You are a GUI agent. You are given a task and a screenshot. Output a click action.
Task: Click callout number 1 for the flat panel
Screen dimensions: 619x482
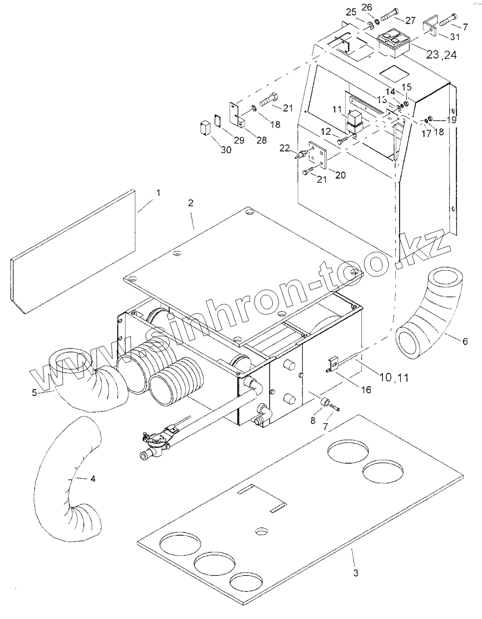click(x=158, y=193)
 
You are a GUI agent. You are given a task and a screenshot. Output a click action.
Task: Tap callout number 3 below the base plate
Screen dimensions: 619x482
click(x=356, y=572)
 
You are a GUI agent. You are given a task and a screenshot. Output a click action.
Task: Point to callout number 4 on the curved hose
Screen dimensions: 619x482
click(x=93, y=478)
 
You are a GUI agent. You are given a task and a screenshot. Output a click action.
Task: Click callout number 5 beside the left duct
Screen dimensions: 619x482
click(x=35, y=392)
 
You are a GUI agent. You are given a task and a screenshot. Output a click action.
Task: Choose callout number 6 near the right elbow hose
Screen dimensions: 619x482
click(x=464, y=341)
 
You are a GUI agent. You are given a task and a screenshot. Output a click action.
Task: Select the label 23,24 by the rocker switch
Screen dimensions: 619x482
click(x=441, y=54)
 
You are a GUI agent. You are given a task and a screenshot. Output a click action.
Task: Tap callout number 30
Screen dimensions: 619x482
click(x=226, y=150)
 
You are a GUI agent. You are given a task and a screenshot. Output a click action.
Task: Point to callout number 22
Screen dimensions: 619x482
click(x=284, y=148)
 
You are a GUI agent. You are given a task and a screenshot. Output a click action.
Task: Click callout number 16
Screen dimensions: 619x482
click(x=366, y=390)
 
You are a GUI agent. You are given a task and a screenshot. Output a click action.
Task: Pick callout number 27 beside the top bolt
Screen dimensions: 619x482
click(x=410, y=20)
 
